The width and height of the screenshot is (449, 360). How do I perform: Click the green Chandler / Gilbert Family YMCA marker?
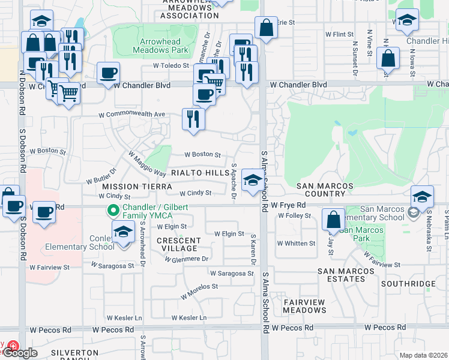pos(112,211)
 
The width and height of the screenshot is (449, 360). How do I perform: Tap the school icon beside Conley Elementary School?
pos(123,232)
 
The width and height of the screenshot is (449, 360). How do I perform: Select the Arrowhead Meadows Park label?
pos(161,46)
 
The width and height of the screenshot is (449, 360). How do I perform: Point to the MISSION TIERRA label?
pos(129,187)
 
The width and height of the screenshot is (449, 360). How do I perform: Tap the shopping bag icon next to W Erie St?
pos(265,28)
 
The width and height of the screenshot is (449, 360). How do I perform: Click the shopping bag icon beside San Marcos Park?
pos(333,220)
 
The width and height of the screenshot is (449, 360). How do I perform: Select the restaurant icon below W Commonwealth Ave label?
pos(193,119)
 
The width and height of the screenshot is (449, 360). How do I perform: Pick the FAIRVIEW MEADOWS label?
pos(304,306)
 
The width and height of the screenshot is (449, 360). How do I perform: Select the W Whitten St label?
pos(296,243)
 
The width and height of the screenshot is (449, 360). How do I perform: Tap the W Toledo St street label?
pos(171,65)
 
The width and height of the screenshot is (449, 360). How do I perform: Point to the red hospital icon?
pos(12,347)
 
